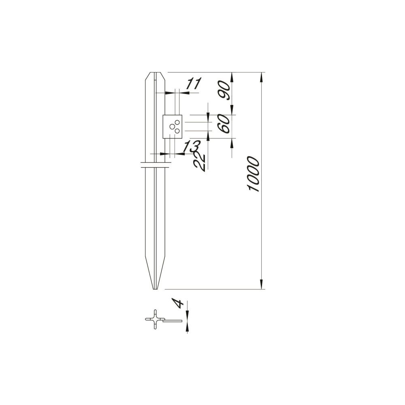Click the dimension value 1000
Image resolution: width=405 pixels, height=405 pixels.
pyautogui.click(x=253, y=174)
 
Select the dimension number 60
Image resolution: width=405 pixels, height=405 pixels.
pyautogui.click(x=224, y=124)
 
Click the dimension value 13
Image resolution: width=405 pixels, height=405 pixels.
pyautogui.click(x=191, y=146)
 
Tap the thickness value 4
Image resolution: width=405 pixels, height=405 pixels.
pyautogui.click(x=178, y=303)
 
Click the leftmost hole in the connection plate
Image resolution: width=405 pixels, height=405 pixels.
pyautogui.click(x=172, y=126)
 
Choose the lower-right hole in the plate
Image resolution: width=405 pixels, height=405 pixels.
pyautogui.click(x=177, y=131)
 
